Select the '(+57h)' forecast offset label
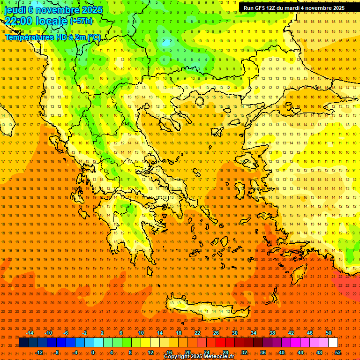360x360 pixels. tap(81, 21)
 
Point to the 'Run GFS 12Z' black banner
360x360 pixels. tap(294, 8)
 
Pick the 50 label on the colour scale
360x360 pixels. tap(329, 333)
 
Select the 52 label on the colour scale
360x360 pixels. tap(338, 352)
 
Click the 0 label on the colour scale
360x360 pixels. tap(92, 352)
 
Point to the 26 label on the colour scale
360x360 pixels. tap(216, 333)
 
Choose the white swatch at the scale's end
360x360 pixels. tap(333, 343)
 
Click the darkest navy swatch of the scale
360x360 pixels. tap(23, 343)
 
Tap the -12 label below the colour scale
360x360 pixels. tap(39, 352)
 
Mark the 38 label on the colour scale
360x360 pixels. tap(272, 333)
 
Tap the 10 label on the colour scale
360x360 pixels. tap(141, 333)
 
